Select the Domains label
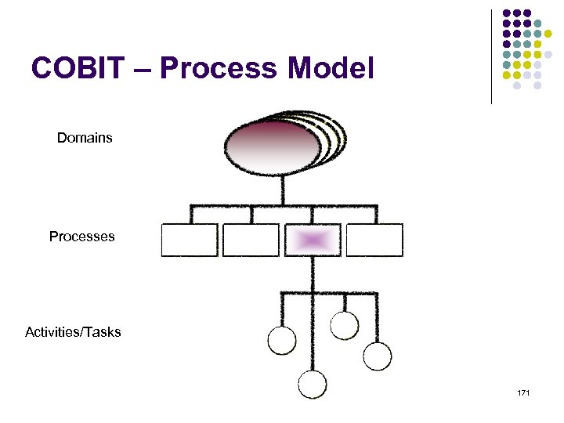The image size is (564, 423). [x=85, y=138]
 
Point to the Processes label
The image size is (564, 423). [x=81, y=236]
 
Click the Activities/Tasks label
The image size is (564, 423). [x=73, y=332]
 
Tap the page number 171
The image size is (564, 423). [x=523, y=392]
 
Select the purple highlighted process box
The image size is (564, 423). [x=313, y=240]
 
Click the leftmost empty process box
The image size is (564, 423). [x=190, y=240]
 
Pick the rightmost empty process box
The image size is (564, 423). [x=374, y=240]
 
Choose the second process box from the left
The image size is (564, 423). [x=251, y=240]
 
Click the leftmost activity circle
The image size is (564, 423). [x=282, y=340]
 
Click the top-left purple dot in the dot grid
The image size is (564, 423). [x=506, y=13]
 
